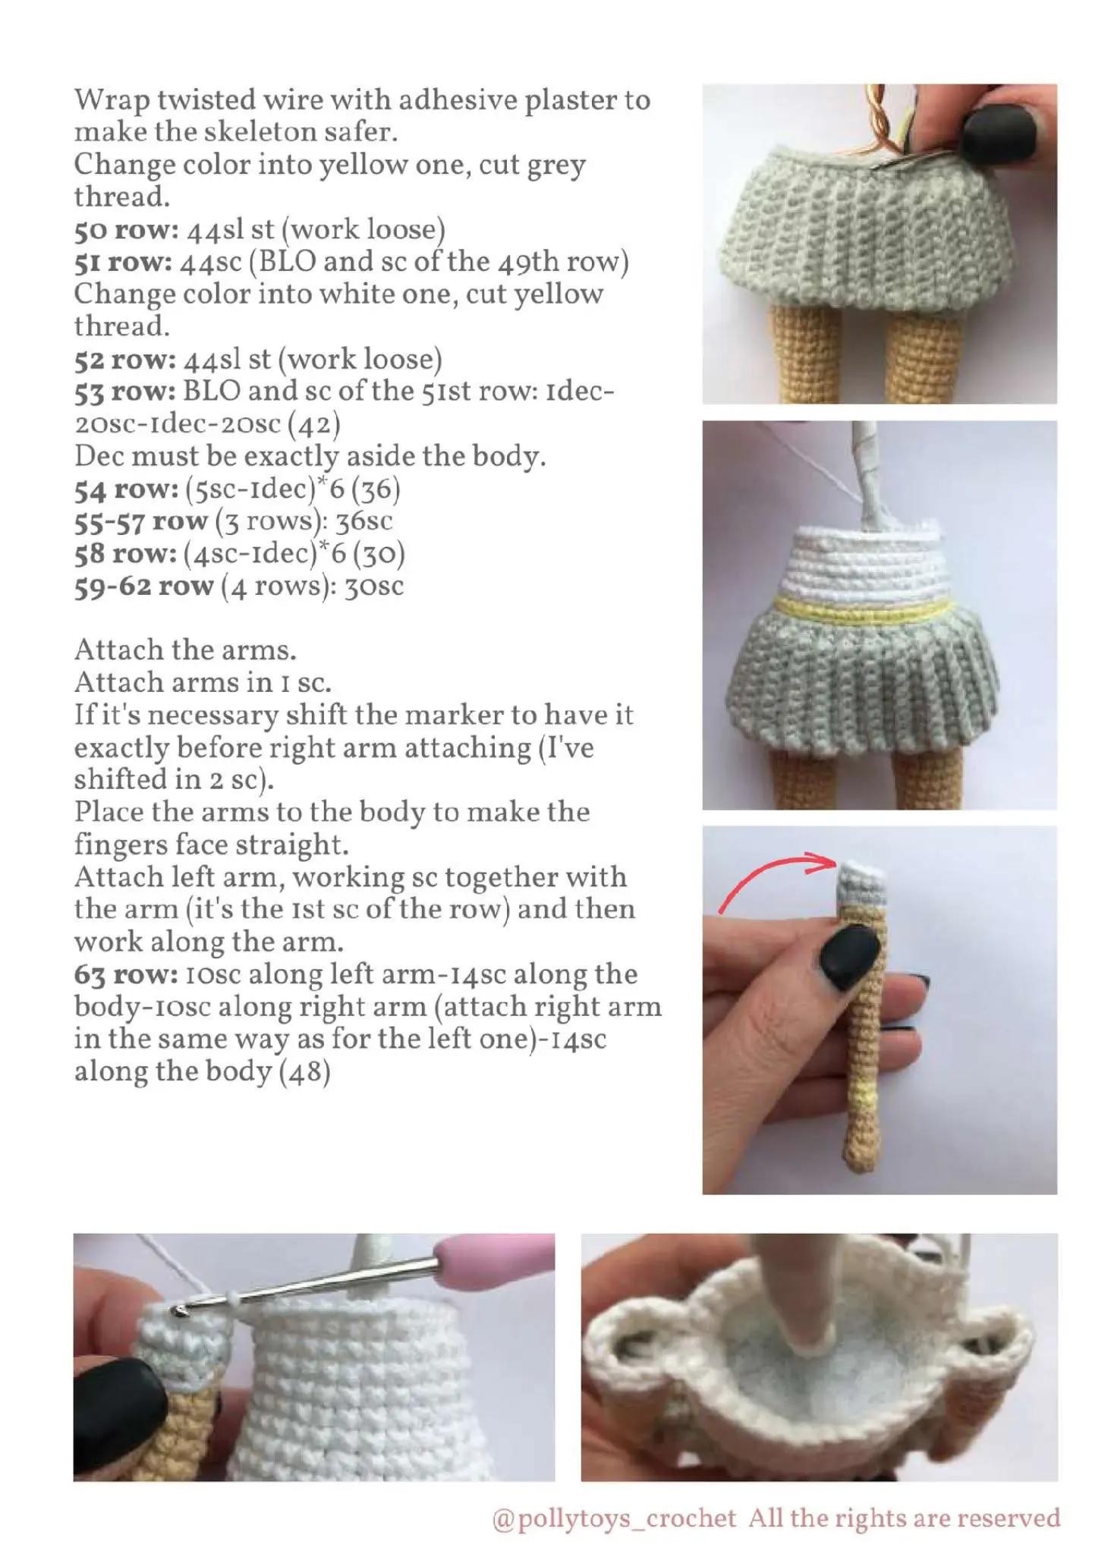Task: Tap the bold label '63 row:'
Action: click(x=126, y=975)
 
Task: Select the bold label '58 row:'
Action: click(x=125, y=554)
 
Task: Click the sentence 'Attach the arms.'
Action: click(x=185, y=650)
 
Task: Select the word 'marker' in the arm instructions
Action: click(x=442, y=716)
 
